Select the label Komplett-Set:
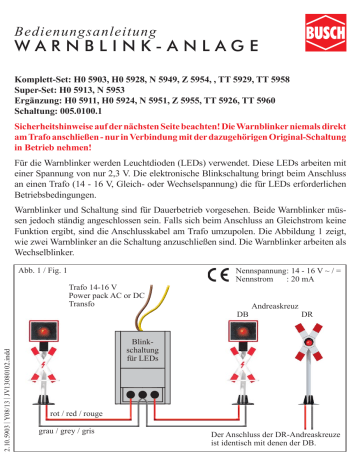[x=51, y=76]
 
